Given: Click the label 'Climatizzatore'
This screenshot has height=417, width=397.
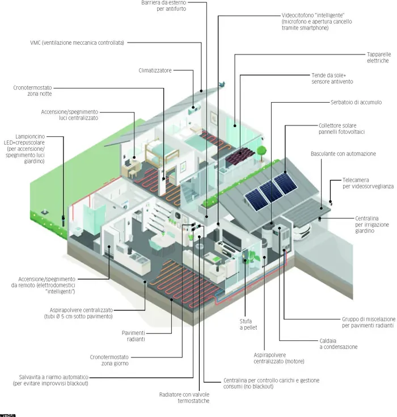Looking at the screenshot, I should tap(155, 70).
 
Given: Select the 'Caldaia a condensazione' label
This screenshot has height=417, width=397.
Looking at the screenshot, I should tap(338, 343).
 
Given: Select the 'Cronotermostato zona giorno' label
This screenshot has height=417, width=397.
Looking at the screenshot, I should tap(109, 360).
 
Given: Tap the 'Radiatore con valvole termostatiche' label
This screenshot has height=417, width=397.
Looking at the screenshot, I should tap(184, 397).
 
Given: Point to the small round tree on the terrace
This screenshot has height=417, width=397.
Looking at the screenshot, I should tap(261, 151).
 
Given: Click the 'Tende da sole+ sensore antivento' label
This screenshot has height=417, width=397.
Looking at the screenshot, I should tap(332, 78).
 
